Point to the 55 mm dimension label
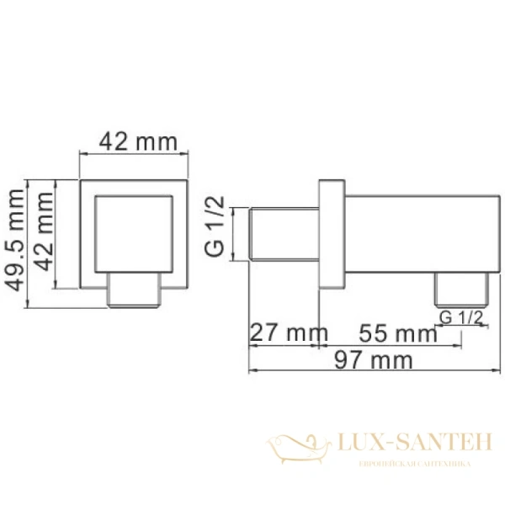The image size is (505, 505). click(395, 332)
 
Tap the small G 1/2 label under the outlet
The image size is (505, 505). click(460, 316)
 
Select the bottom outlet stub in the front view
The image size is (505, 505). click(135, 289)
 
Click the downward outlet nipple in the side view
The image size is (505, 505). click(460, 289)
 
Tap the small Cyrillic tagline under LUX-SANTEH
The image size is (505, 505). click(412, 464)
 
